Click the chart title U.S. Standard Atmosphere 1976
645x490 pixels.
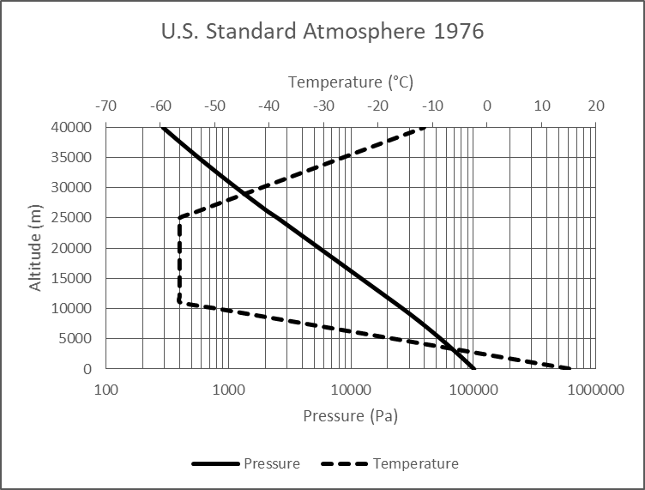(x=322, y=33)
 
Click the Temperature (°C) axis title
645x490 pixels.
(x=350, y=82)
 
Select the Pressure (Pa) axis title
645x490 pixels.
(x=350, y=416)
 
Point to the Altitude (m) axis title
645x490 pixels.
(x=36, y=248)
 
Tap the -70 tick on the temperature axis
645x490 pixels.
(x=105, y=106)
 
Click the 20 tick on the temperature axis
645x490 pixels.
(x=596, y=106)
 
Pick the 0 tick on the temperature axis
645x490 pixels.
(x=487, y=106)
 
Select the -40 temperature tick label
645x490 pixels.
(x=268, y=106)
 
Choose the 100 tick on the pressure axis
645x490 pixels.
(x=105, y=390)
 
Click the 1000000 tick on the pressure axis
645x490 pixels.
(x=596, y=390)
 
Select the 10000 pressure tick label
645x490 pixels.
(x=351, y=390)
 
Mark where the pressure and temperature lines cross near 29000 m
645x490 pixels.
(x=245, y=192)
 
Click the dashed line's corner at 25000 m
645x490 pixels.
(x=179, y=218)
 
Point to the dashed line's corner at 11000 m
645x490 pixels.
(x=179, y=302)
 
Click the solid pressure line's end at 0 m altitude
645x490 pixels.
(x=474, y=368)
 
